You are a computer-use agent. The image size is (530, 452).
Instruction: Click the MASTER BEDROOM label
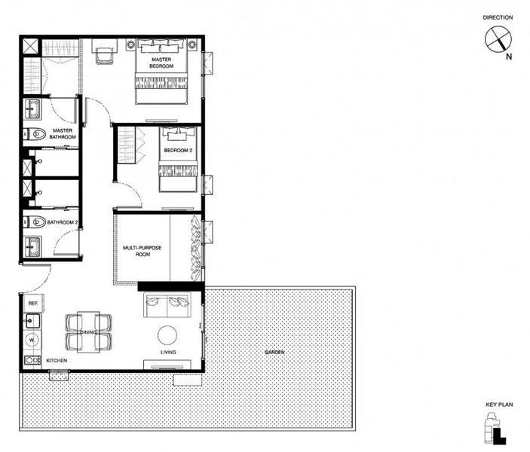click(162, 63)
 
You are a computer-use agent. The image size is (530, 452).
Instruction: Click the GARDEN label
click(275, 353)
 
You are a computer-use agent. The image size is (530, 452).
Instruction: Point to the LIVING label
click(168, 353)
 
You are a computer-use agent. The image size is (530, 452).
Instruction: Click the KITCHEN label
click(57, 361)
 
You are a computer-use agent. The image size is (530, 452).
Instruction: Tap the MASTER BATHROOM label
click(63, 133)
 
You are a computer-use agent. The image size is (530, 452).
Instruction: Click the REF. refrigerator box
click(33, 304)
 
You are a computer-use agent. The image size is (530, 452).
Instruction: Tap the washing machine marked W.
click(32, 341)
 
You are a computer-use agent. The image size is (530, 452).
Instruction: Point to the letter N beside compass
click(509, 56)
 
